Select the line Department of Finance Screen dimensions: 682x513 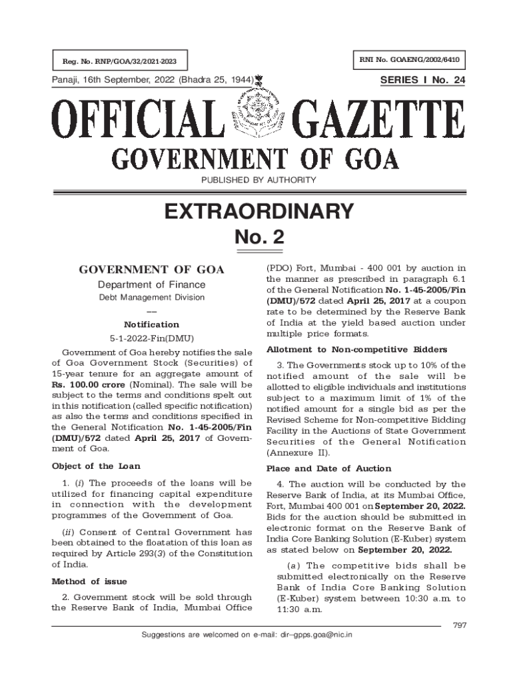tap(152, 285)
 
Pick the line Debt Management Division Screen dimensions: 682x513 tap(152, 298)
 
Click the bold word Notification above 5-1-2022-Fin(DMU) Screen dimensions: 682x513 tap(152, 324)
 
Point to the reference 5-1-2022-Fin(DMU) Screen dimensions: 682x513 tap(152, 338)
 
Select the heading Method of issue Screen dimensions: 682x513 tap(89, 581)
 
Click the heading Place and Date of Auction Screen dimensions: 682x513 tap(328, 468)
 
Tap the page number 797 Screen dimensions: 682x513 tap(459, 624)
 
